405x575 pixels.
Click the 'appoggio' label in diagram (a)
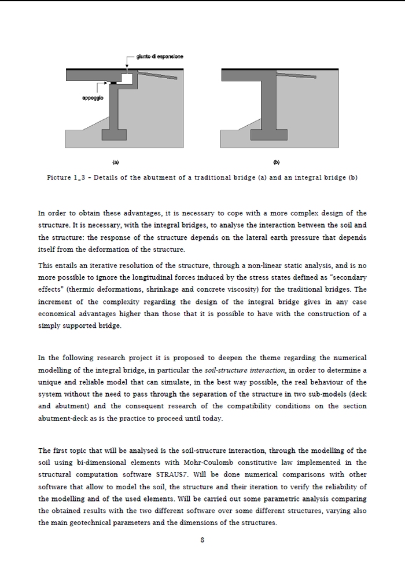[x=93, y=98]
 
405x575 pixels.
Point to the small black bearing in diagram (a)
[x=113, y=83]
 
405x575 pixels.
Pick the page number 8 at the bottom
[x=202, y=540]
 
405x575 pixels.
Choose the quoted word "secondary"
[x=345, y=277]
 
